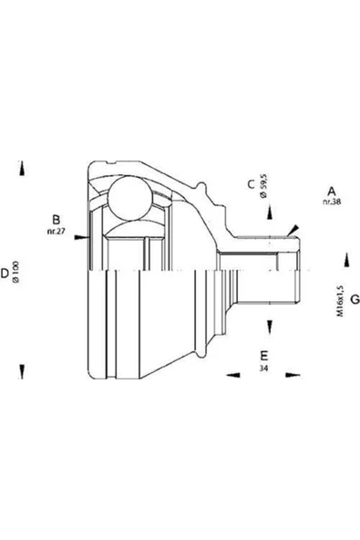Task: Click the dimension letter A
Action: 332,192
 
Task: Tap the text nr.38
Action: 332,202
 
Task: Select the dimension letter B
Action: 56,220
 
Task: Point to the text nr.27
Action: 56,232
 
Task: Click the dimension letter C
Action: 252,184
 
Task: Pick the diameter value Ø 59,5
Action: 264,186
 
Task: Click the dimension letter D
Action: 5,273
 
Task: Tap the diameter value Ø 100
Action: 15,272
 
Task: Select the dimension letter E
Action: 264,356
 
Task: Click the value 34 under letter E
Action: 264,369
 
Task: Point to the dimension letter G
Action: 355,299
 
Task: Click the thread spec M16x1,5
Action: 340,300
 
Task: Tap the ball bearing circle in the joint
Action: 130,199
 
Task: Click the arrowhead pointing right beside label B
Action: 81,237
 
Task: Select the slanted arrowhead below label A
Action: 293,231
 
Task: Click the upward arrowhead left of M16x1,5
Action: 347,260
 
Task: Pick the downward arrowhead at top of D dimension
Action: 22,168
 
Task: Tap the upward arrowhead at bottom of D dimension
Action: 22,372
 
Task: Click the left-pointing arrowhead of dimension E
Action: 233,375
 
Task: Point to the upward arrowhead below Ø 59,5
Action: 270,213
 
